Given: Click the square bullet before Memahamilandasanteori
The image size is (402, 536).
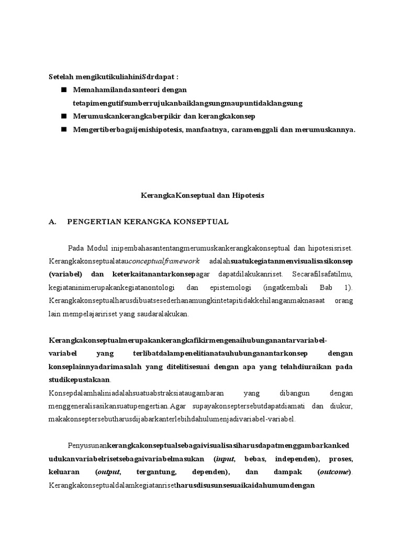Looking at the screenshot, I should [64, 90].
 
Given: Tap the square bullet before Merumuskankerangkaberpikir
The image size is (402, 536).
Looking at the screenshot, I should [64, 116].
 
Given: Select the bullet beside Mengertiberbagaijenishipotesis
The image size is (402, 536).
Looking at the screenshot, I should [64, 129].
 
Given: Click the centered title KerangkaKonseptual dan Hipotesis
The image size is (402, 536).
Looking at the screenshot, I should [203, 195].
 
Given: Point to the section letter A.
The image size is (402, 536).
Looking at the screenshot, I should [52, 221].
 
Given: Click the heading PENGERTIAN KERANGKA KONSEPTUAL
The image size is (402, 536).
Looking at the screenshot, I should [148, 221].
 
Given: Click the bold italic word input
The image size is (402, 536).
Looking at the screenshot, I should [225, 459].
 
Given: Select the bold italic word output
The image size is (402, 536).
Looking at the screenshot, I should [110, 473].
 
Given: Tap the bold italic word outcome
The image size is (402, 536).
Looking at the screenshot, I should [335, 473].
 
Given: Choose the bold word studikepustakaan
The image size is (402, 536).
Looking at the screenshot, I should [80, 378].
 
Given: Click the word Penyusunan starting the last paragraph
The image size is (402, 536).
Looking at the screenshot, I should [87, 445].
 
